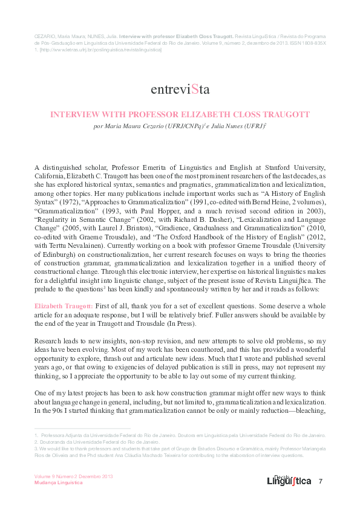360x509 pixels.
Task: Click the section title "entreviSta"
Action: tap(180, 90)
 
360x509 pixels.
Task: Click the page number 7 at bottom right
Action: tap(321, 481)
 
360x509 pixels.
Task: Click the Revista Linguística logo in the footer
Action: tap(289, 480)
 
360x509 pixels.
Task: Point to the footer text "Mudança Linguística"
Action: tap(57, 484)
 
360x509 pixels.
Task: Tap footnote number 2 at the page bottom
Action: tap(36, 442)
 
